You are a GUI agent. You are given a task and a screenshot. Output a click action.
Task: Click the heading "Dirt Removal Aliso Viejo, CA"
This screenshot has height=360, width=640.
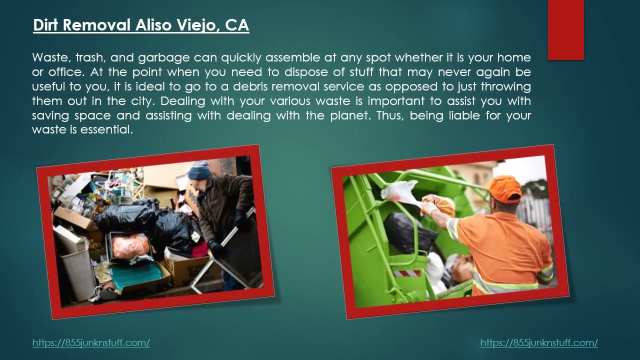click(x=141, y=25)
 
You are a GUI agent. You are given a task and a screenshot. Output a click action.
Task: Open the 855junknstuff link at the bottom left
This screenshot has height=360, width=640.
click(x=91, y=342)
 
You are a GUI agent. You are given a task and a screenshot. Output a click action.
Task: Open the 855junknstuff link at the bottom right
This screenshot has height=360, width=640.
click(x=539, y=342)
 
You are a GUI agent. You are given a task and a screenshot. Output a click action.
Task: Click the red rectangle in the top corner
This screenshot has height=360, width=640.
click(x=565, y=30)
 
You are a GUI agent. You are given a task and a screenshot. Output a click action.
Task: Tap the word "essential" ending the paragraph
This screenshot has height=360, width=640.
click(x=106, y=129)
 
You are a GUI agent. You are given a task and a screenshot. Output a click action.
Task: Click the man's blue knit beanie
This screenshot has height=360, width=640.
click(x=199, y=170)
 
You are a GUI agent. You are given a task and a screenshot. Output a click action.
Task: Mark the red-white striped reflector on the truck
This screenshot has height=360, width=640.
click(x=406, y=273)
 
